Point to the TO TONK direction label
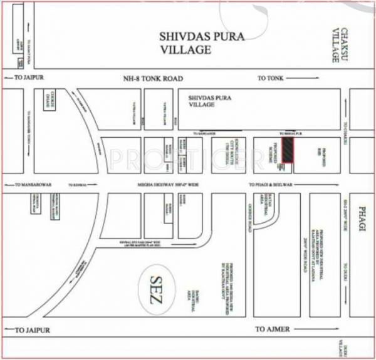click(x=271, y=79)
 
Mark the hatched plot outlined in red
click(x=287, y=150)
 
